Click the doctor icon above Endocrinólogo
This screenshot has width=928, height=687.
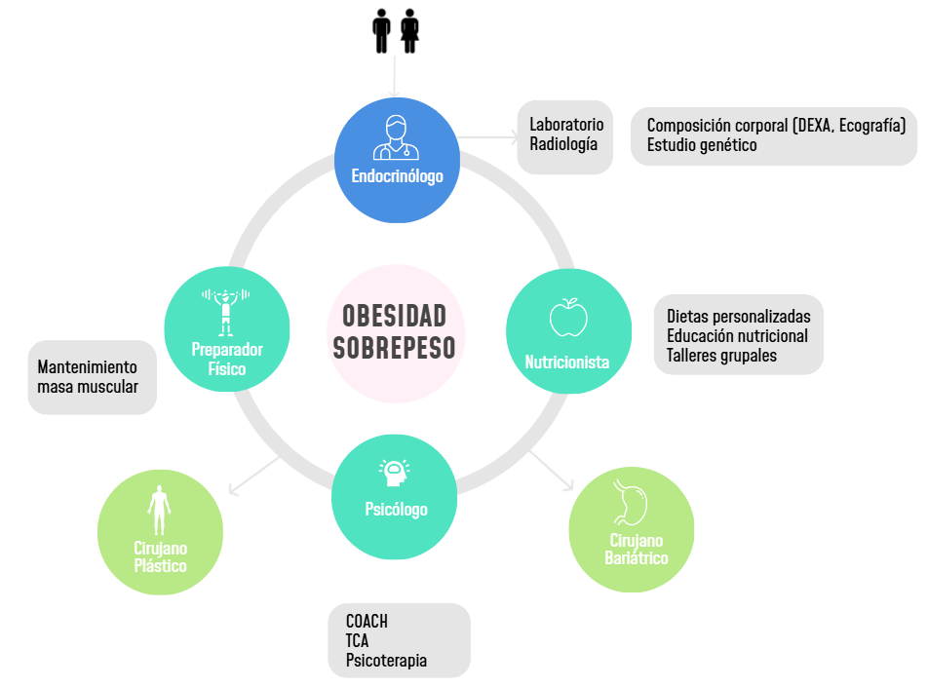[x=395, y=137]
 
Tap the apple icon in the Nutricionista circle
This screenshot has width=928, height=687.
[x=568, y=317]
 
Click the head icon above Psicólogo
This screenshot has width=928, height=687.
[x=394, y=474]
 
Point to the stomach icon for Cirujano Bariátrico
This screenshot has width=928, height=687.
[x=632, y=503]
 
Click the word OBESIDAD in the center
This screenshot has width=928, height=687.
[x=395, y=316]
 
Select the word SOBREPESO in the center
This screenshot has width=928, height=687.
[x=395, y=348]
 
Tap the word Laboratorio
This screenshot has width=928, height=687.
[x=566, y=125]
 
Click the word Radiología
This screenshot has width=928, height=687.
[x=563, y=144]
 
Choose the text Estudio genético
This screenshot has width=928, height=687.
[x=702, y=145]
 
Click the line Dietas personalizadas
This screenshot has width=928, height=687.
[x=739, y=317]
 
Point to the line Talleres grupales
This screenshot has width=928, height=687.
[x=721, y=356]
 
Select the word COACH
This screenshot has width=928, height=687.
[x=367, y=622]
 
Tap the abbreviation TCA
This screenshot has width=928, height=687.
[x=357, y=641]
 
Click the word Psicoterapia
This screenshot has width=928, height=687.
[x=386, y=661]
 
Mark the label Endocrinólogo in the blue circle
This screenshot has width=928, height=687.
[x=397, y=176]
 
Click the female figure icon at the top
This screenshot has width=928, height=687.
[x=410, y=32]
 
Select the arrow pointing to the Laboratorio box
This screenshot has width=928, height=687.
[x=492, y=138]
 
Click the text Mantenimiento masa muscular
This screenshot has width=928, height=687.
[x=88, y=377]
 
